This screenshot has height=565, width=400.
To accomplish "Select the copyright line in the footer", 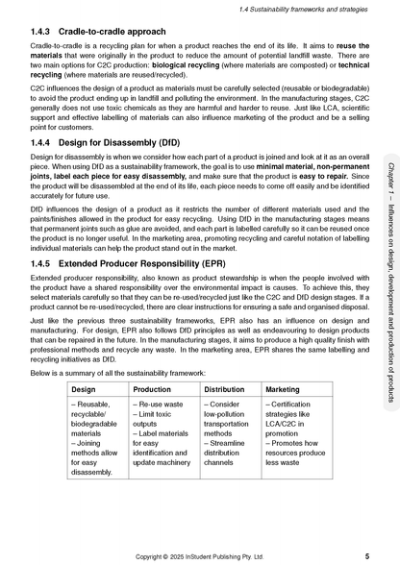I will click(x=200, y=555).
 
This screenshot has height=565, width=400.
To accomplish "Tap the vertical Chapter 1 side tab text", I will click(x=388, y=279).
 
